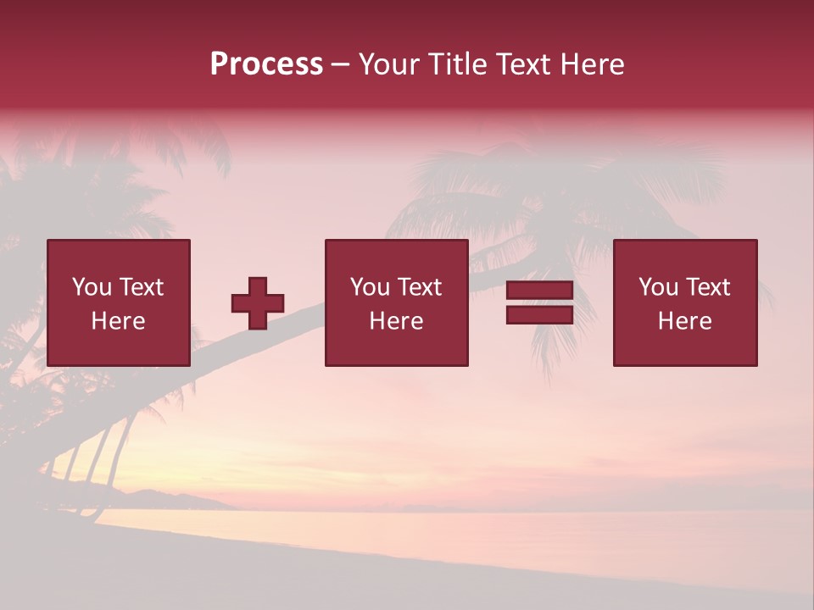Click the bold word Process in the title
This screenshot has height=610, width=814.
coord(266,64)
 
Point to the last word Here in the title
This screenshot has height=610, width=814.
coord(592,64)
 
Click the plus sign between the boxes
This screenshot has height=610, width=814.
coord(258,303)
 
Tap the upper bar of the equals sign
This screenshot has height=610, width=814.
coord(539,291)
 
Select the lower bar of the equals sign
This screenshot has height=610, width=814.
coord(539,314)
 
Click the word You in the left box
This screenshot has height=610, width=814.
coord(91,287)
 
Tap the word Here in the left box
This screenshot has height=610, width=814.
coord(118,321)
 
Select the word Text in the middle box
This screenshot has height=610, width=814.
coord(419,287)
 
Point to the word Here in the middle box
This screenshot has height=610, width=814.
coord(396,321)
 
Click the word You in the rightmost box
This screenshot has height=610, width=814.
coord(658,287)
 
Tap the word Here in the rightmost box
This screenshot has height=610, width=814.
coord(684,321)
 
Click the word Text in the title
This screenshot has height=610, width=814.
coord(522,64)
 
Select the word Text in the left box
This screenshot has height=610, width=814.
coord(141,287)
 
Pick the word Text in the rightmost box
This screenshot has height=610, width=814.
coord(707,287)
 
